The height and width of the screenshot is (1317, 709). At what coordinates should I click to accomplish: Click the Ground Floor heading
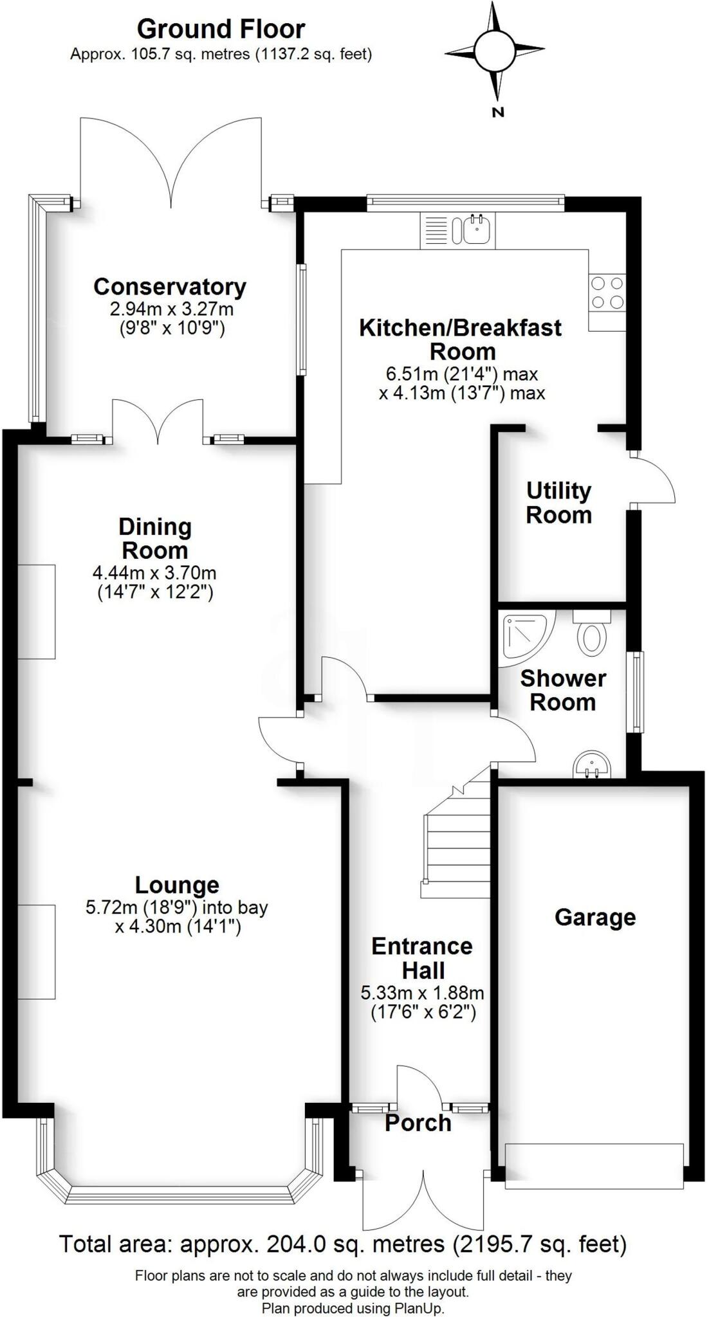coord(221,30)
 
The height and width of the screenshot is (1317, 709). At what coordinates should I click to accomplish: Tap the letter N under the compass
coord(497,113)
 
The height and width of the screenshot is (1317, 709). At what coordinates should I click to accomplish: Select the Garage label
coord(595,917)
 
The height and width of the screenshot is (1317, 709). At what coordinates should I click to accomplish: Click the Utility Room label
coord(558,503)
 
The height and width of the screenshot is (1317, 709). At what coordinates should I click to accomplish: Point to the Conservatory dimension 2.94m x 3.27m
coord(171,309)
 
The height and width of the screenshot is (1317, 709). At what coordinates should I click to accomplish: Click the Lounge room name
coord(177,885)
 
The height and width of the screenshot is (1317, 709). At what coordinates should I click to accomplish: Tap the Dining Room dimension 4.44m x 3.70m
coord(154,572)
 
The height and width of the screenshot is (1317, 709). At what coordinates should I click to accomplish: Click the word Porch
coord(418,1123)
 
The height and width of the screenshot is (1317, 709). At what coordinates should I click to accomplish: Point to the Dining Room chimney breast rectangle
coord(36,612)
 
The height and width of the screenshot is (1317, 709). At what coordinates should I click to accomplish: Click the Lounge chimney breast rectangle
coord(36,952)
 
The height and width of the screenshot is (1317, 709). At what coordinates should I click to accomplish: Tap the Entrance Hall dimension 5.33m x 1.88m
coord(422,993)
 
